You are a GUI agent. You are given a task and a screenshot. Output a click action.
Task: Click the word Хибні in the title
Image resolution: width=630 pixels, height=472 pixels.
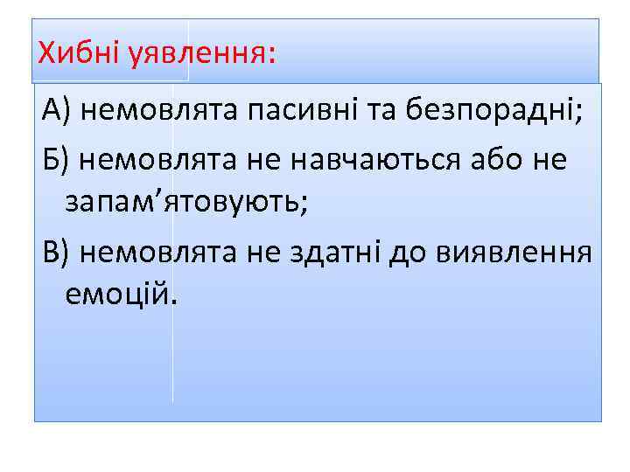click(79, 55)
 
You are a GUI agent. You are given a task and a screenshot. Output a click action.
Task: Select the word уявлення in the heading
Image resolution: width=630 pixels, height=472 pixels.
click(197, 56)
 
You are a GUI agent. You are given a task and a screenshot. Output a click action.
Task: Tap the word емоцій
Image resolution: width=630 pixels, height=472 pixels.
click(115, 296)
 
